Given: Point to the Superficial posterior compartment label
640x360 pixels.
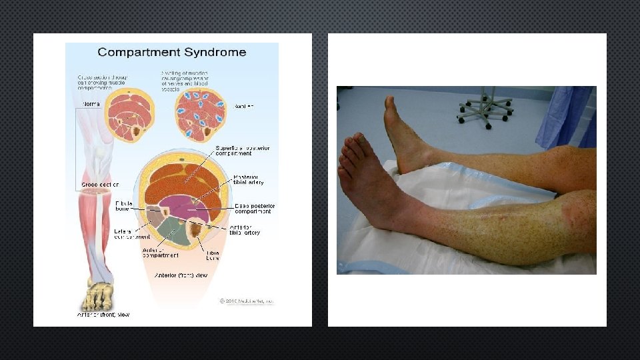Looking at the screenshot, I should [233, 151].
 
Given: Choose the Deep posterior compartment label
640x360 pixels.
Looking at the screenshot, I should [253, 209].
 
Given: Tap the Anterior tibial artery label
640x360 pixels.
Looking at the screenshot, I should [245, 229].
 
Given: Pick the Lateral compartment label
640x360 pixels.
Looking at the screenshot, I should [132, 234].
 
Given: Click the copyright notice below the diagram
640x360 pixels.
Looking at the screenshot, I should [247, 301].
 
